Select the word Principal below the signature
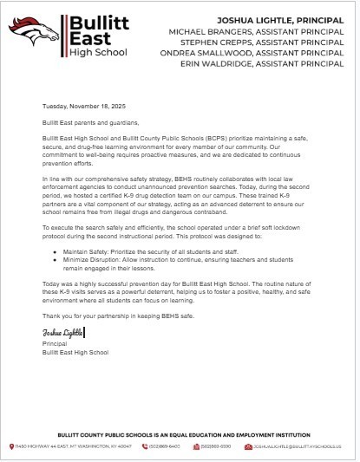[54, 343]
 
